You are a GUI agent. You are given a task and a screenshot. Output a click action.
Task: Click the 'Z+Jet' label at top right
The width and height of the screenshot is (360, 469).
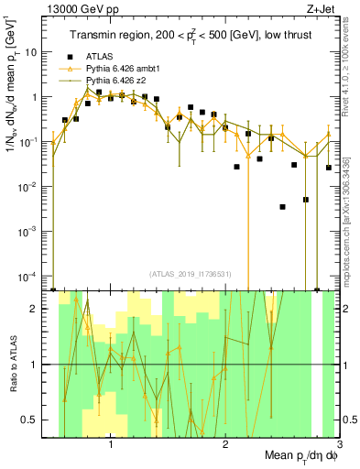320,9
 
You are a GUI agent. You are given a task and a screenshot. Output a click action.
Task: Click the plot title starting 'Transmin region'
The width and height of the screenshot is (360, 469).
189,36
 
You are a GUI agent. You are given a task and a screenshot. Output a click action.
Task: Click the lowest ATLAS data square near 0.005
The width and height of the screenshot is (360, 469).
306,200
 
